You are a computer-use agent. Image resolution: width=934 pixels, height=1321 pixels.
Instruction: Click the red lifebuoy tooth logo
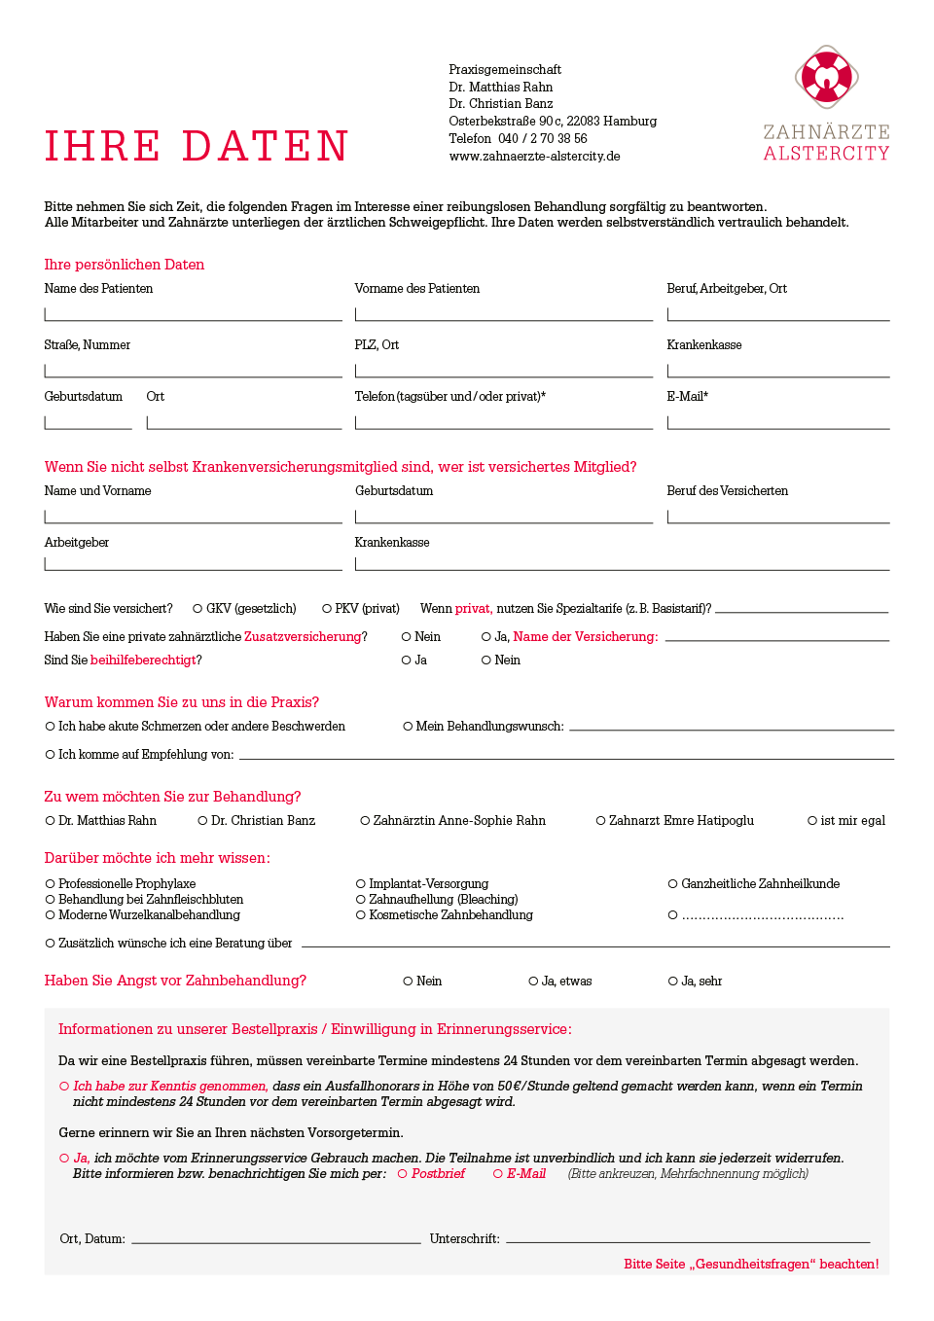[x=826, y=76]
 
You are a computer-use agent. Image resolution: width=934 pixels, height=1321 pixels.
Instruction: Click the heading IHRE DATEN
[x=197, y=146]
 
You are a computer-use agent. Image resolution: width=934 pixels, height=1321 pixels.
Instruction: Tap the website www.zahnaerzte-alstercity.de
[x=534, y=156]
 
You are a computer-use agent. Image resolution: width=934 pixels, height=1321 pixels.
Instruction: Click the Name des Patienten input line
[x=193, y=313]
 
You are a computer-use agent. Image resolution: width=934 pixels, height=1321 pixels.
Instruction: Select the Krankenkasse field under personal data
[x=778, y=370]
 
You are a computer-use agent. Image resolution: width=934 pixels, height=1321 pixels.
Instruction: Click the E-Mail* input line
[x=778, y=421]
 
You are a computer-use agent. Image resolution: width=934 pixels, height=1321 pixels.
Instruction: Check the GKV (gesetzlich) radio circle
[x=198, y=609]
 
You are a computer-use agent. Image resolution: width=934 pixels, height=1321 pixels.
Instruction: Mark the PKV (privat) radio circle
[x=327, y=609]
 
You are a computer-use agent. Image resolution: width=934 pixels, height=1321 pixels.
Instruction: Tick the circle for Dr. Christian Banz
[x=202, y=821]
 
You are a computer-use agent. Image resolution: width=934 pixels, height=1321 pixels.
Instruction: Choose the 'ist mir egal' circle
[x=812, y=821]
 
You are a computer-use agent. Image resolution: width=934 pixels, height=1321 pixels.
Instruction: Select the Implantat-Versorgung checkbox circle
[x=361, y=884]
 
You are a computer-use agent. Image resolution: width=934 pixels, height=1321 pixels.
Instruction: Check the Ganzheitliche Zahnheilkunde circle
[x=672, y=884]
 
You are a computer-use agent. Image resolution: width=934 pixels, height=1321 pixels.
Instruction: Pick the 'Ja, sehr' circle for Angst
[x=672, y=982]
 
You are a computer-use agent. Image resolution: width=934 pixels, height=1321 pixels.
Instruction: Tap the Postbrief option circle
[x=403, y=1174]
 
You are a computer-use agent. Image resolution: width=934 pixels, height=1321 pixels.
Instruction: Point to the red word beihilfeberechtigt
[x=143, y=660]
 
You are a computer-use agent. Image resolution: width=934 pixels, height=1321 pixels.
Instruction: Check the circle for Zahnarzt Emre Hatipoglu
[x=601, y=821]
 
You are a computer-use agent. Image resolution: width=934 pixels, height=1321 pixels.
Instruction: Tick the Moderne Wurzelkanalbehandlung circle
[x=50, y=915]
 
